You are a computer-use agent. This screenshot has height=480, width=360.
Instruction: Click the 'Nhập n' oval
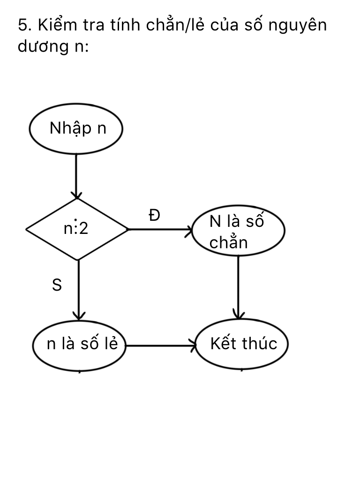click(x=76, y=128)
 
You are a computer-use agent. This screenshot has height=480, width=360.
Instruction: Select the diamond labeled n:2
click(x=77, y=229)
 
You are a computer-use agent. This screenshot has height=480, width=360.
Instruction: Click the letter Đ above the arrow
click(x=154, y=215)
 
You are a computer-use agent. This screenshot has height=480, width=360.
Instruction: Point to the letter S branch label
click(x=57, y=285)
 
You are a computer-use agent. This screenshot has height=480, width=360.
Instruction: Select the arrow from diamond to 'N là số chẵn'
click(x=159, y=230)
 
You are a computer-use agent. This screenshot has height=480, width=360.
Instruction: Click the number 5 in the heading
click(x=22, y=25)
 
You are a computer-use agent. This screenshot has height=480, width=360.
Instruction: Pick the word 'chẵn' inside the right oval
click(x=228, y=243)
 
